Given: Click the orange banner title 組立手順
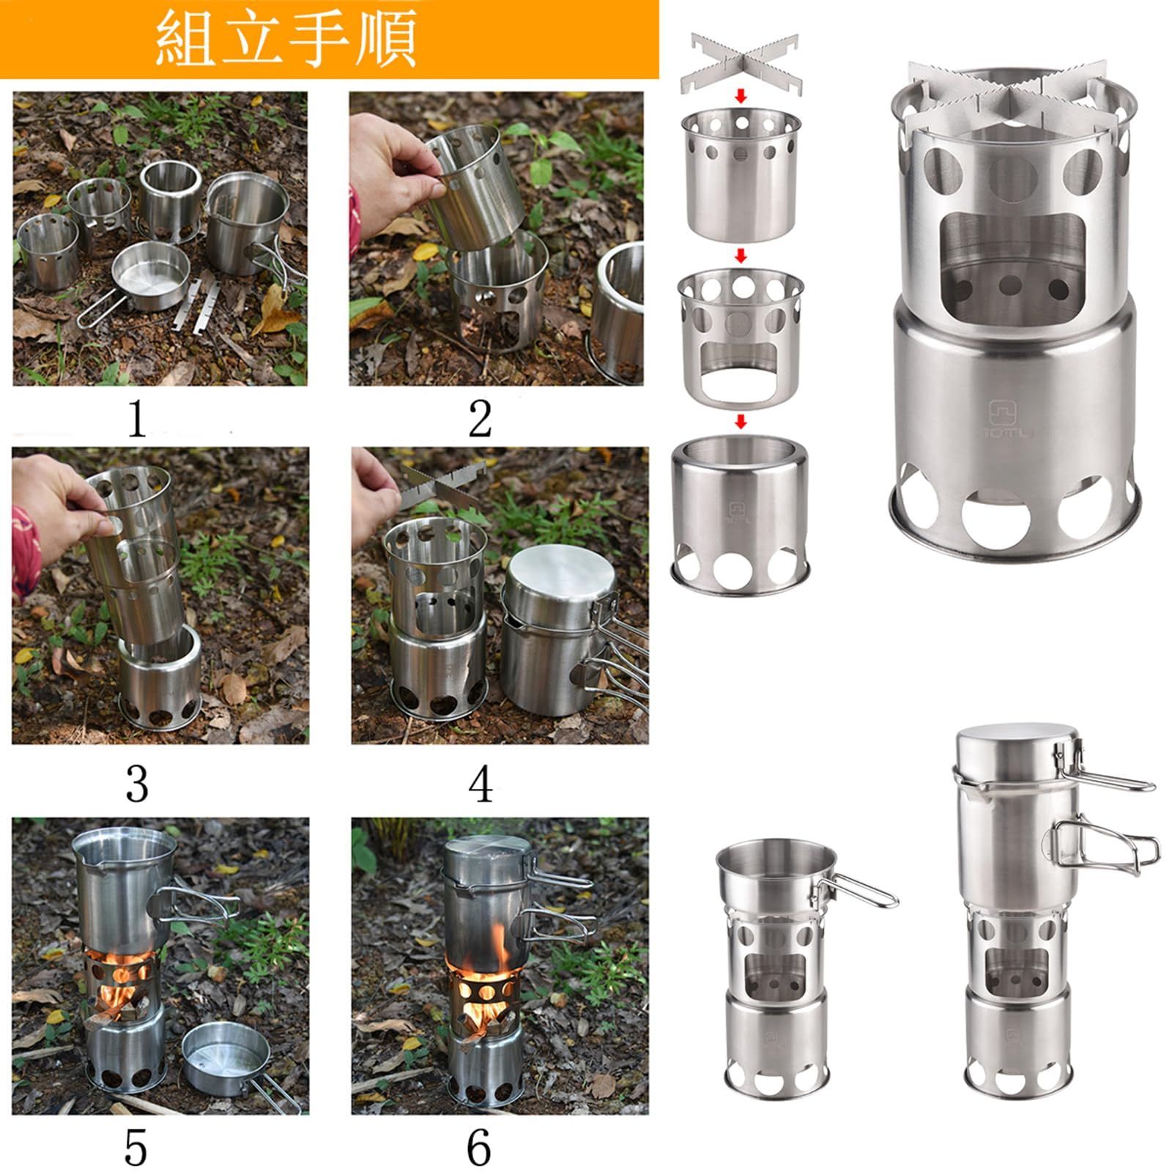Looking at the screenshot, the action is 286,39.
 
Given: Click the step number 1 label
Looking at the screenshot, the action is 137,419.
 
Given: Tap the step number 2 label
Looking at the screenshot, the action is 480,419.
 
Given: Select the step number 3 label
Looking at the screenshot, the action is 137,784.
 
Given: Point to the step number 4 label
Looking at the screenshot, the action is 480,785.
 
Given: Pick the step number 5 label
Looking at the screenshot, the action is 136,1147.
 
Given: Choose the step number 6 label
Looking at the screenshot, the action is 479,1147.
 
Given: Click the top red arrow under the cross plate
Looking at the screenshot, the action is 741,96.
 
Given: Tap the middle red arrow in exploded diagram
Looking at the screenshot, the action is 741,256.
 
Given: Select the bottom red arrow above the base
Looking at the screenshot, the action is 741,421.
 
